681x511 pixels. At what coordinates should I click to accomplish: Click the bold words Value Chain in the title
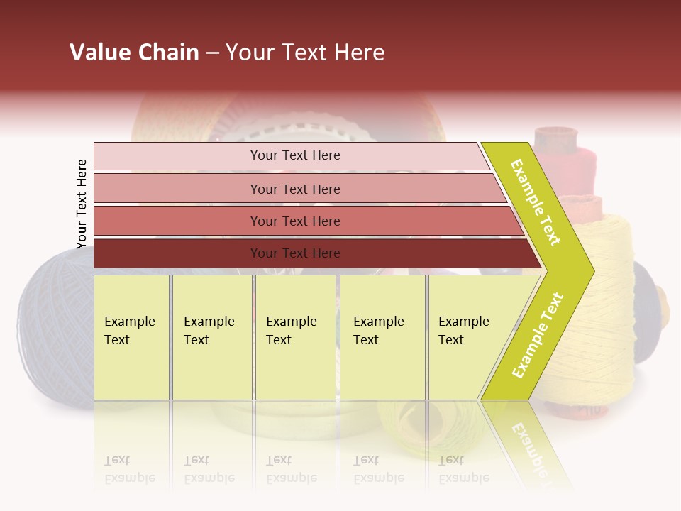point(134,53)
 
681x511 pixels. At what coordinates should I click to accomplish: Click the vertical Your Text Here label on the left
point(82,204)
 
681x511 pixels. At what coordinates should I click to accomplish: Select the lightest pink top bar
point(177,156)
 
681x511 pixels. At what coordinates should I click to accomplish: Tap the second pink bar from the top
point(177,189)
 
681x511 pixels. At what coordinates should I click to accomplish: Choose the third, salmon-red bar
point(177,221)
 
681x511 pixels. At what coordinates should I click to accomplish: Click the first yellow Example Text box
point(131,337)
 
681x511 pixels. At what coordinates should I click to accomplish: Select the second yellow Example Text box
point(212,337)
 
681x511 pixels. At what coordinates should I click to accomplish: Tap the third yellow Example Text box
point(295,337)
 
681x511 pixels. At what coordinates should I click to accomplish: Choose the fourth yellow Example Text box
point(382,337)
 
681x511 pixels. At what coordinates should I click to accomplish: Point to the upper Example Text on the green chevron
point(536,202)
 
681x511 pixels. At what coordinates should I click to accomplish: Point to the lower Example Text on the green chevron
point(538,335)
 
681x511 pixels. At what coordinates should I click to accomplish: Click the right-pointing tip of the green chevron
point(589,270)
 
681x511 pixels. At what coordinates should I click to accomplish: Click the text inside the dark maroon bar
point(295,253)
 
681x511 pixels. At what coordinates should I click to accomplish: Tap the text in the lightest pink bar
point(295,155)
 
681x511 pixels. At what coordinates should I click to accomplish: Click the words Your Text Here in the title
point(305,53)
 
